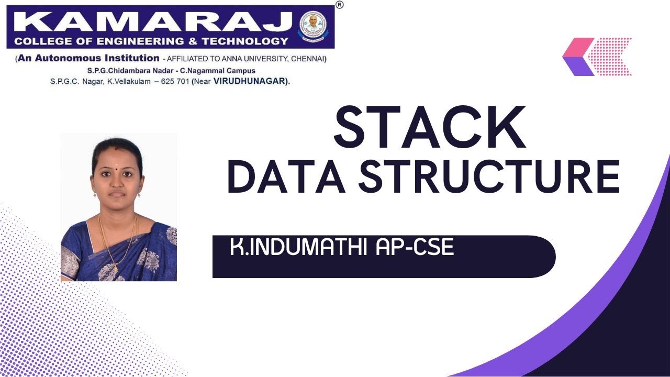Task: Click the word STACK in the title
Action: click(429, 127)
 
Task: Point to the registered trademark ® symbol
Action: click(340, 5)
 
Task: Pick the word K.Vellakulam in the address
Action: click(126, 81)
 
